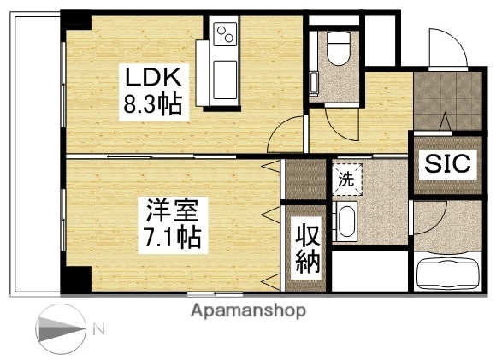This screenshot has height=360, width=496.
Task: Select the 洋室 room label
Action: coord(170,209)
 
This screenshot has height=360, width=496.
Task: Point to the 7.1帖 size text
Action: coord(170,236)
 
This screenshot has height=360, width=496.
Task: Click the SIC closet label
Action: coord(448,163)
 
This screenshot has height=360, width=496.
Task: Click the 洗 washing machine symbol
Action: coord(347,180)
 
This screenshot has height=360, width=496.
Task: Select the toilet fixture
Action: coord(338,52)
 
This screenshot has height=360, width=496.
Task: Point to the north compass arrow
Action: coord(60,329)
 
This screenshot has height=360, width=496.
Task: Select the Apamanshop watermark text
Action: coord(247,310)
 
